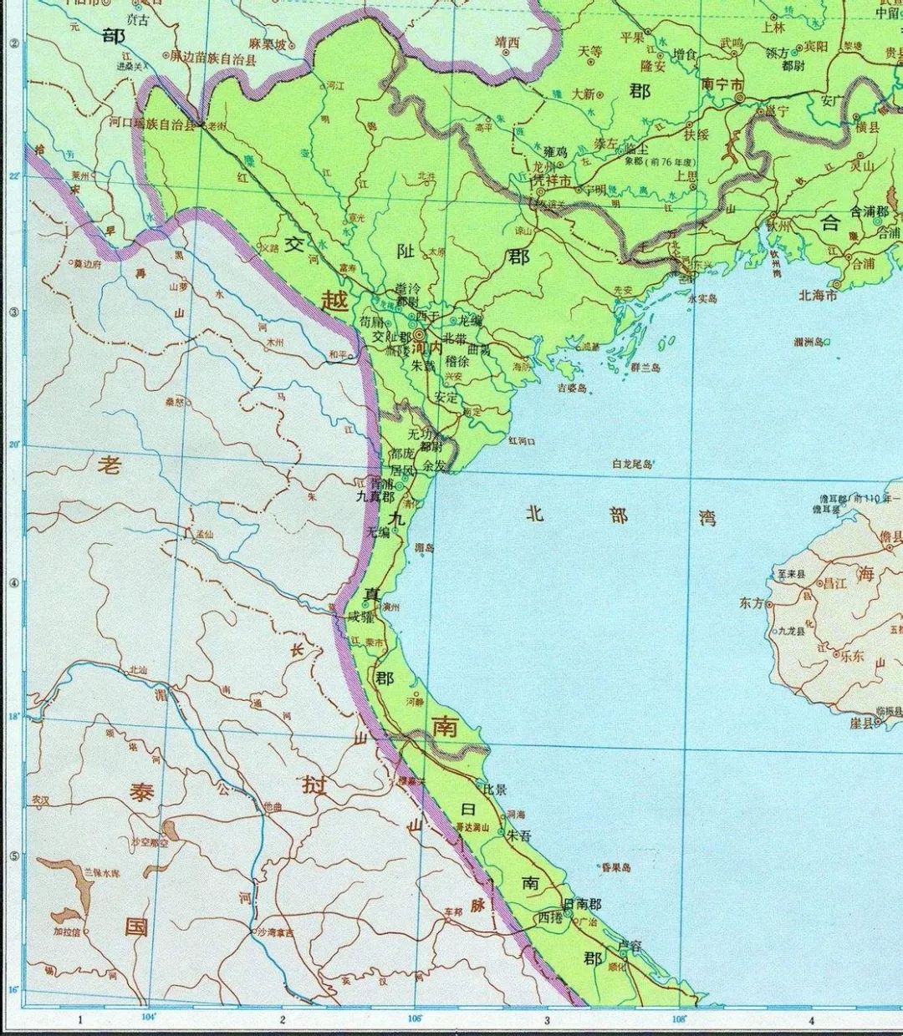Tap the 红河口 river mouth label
(x=521, y=439)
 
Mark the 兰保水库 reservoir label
(x=101, y=872)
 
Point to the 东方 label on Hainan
(x=751, y=602)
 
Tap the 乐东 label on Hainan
(x=851, y=656)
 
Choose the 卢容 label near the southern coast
(x=628, y=946)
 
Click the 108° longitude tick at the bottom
(x=678, y=1018)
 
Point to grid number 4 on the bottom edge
(x=810, y=1020)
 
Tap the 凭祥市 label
(x=553, y=180)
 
